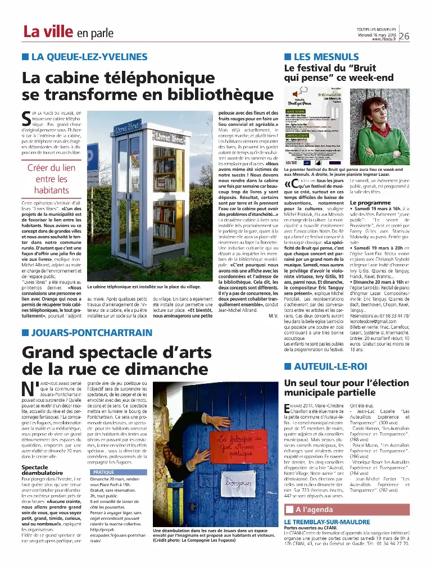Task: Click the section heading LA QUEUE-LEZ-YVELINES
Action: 84,57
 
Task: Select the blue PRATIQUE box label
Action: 103,473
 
